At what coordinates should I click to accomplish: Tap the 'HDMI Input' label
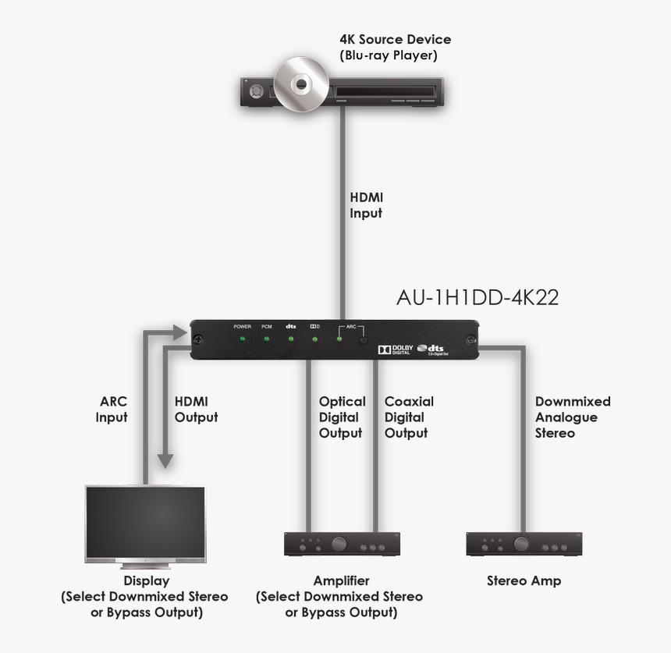[366, 205]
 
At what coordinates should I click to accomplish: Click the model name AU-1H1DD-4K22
[478, 298]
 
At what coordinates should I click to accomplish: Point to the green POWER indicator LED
[242, 339]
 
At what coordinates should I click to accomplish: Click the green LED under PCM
[266, 339]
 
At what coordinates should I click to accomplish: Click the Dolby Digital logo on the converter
[396, 350]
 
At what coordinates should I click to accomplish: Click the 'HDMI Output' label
[196, 410]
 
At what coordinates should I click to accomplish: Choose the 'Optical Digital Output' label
[342, 417]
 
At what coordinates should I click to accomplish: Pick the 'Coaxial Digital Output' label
[409, 417]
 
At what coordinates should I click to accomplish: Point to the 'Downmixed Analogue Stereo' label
[573, 417]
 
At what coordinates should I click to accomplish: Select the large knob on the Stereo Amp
[522, 544]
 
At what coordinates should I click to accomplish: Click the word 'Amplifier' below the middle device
[341, 581]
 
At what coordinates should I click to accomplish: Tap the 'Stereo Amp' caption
[524, 581]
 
